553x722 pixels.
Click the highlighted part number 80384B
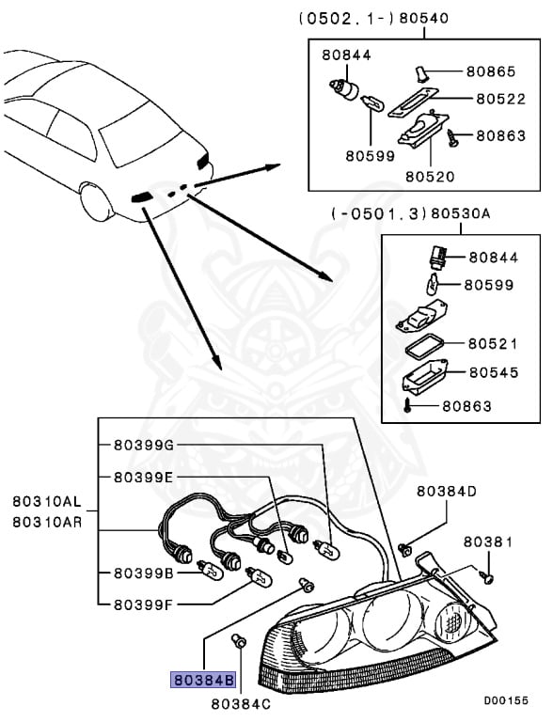pyautogui.click(x=202, y=677)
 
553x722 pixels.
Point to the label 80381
pyautogui.click(x=486, y=543)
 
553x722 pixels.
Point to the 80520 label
pyautogui.click(x=430, y=175)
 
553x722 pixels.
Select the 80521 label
pyautogui.click(x=493, y=344)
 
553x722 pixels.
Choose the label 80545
pyautogui.click(x=493, y=372)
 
